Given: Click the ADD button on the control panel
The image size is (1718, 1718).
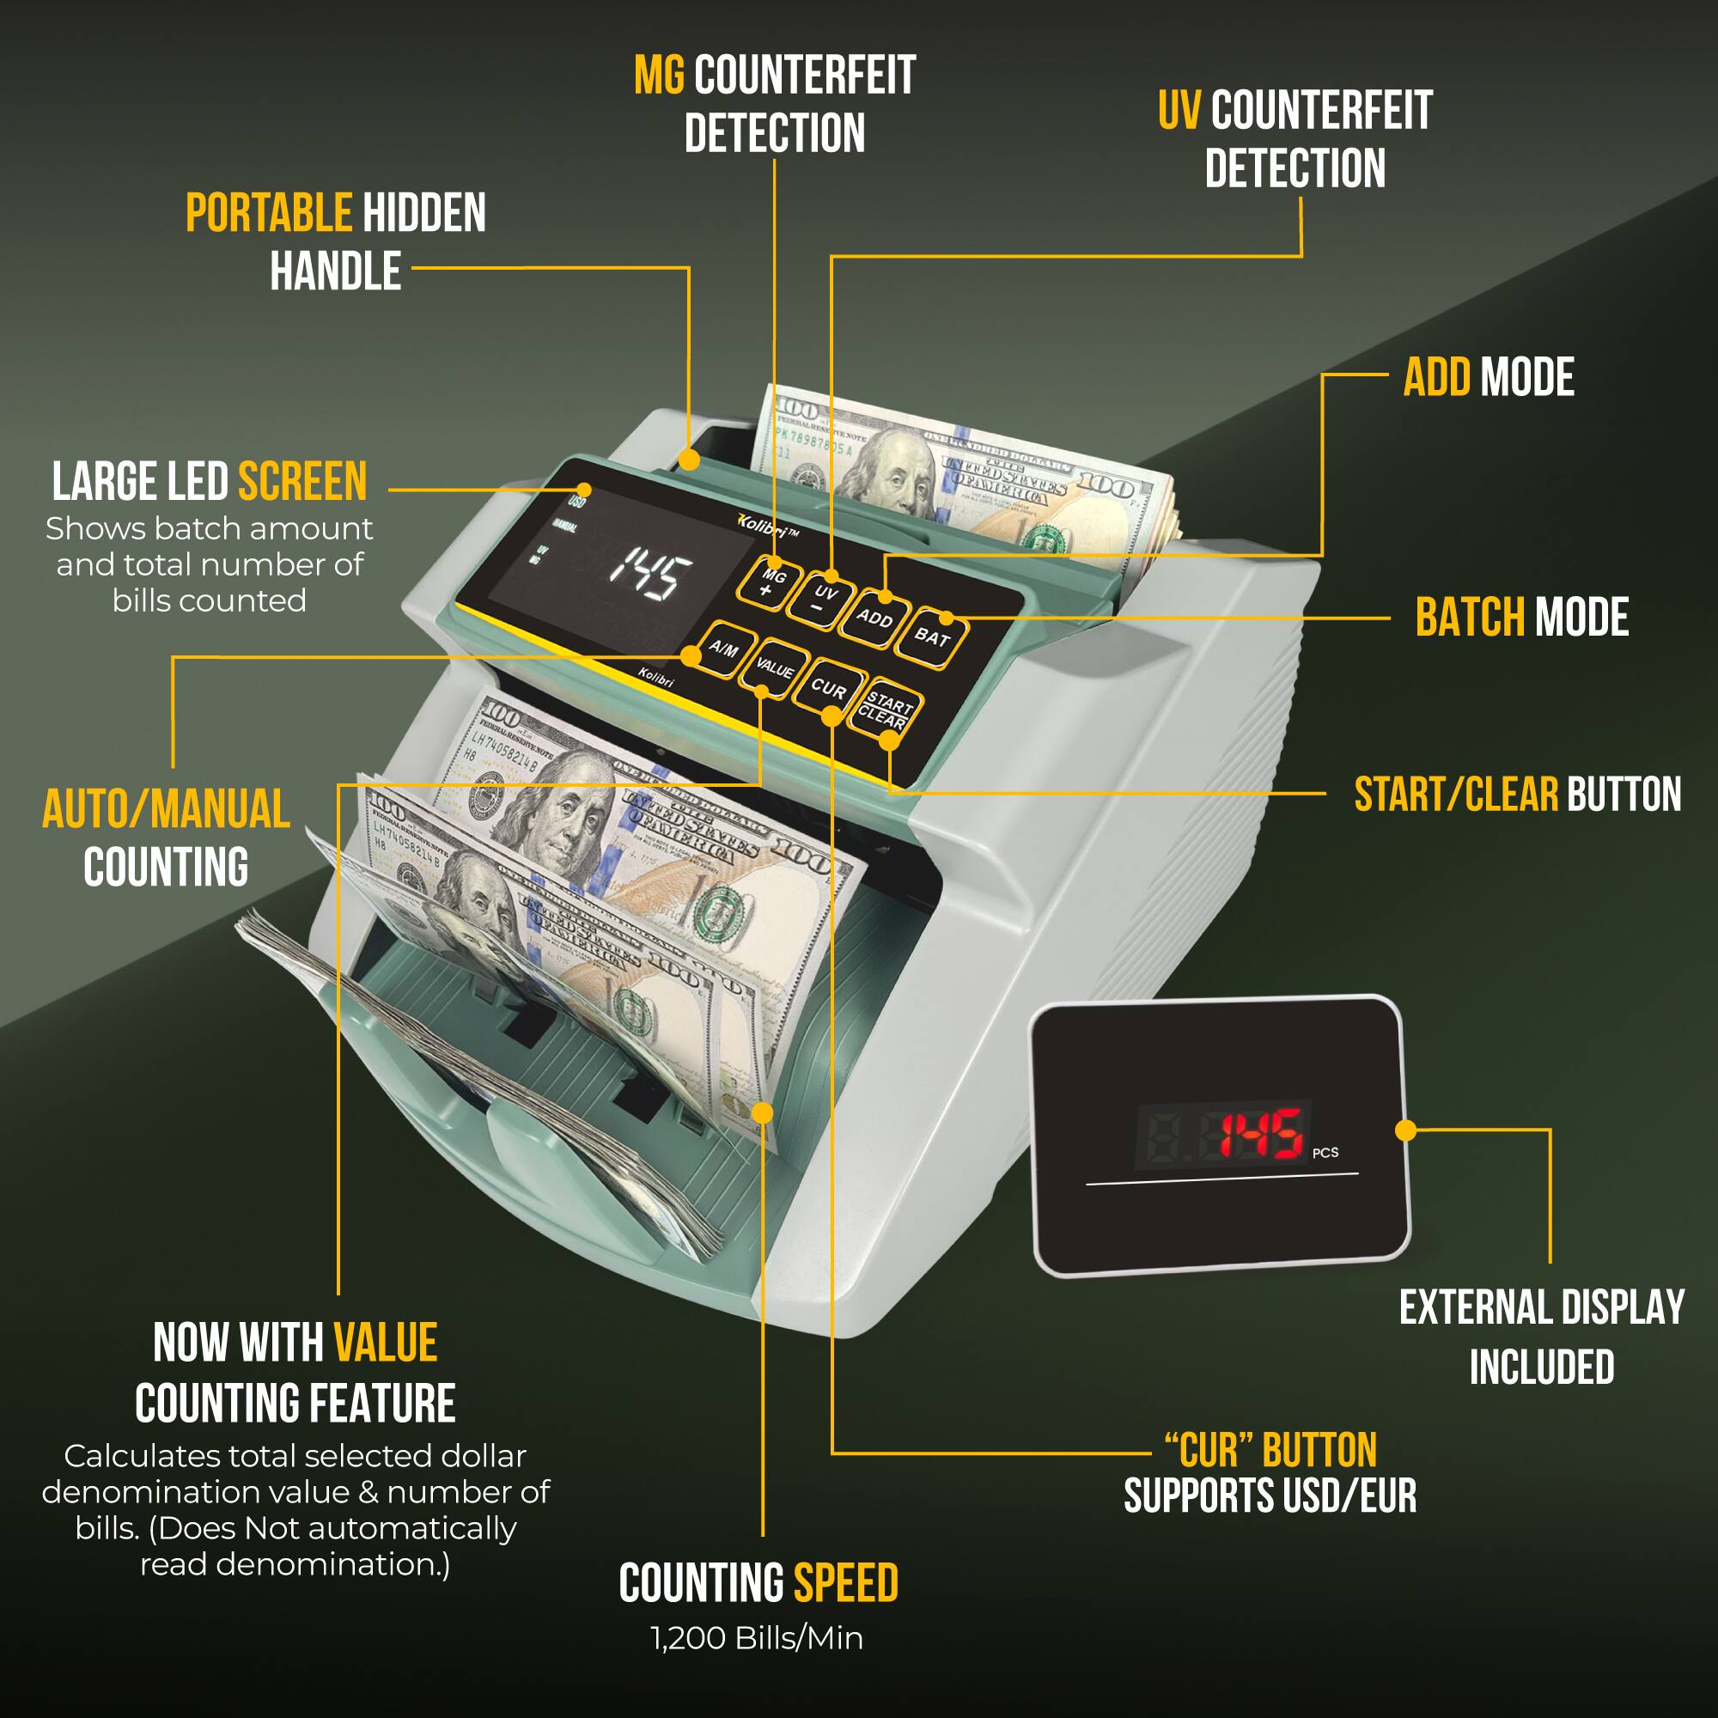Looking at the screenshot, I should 875,617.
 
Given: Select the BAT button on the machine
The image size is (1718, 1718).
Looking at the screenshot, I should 931,637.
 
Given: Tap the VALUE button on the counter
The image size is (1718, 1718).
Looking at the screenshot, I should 774,668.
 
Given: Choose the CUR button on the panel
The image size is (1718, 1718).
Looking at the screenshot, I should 828,688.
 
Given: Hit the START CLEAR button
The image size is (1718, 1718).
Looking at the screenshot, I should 884,711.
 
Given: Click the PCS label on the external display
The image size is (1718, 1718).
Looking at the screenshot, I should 1325,1153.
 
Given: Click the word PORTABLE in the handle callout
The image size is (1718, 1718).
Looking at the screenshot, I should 269,213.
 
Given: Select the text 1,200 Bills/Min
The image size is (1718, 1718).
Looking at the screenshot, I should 757,1637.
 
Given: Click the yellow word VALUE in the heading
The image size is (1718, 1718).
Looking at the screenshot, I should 385,1343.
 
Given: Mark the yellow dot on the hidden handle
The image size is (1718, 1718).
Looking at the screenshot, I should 689,460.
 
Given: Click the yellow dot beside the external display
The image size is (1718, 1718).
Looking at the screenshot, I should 1406,1130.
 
